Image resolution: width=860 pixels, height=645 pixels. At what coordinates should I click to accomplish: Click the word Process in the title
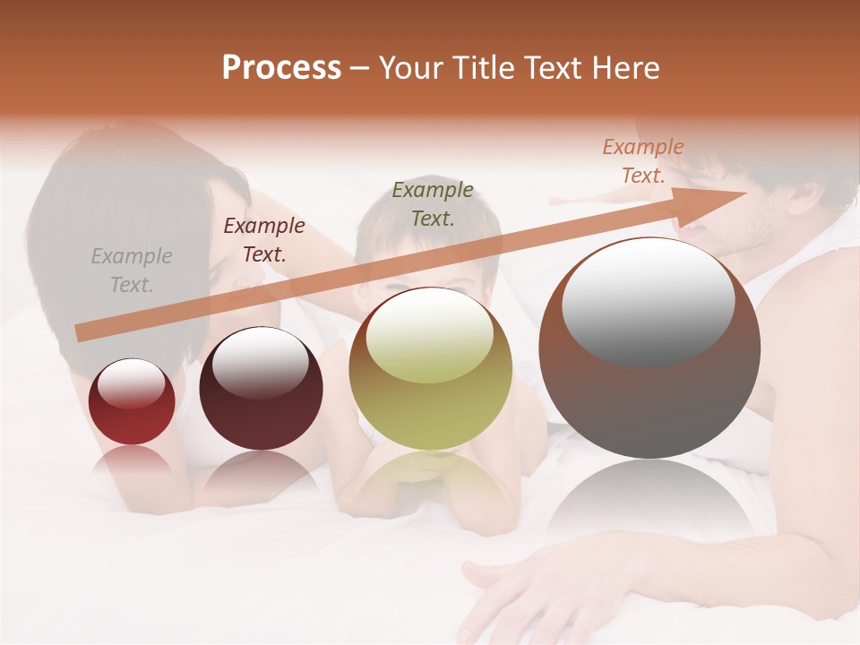(x=281, y=68)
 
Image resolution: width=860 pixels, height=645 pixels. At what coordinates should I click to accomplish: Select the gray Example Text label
(x=132, y=271)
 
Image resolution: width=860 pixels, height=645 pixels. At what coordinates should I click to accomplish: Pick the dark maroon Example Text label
(x=264, y=240)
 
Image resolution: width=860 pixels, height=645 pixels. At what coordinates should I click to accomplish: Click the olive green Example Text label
(x=433, y=203)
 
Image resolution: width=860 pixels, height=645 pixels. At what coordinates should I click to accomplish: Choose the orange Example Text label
(x=643, y=161)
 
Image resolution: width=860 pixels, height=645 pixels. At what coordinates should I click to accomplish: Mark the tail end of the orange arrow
(x=81, y=333)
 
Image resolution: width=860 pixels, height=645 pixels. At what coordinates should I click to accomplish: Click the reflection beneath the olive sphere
(x=430, y=484)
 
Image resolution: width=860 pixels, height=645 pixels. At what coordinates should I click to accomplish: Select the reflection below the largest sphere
(x=649, y=502)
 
